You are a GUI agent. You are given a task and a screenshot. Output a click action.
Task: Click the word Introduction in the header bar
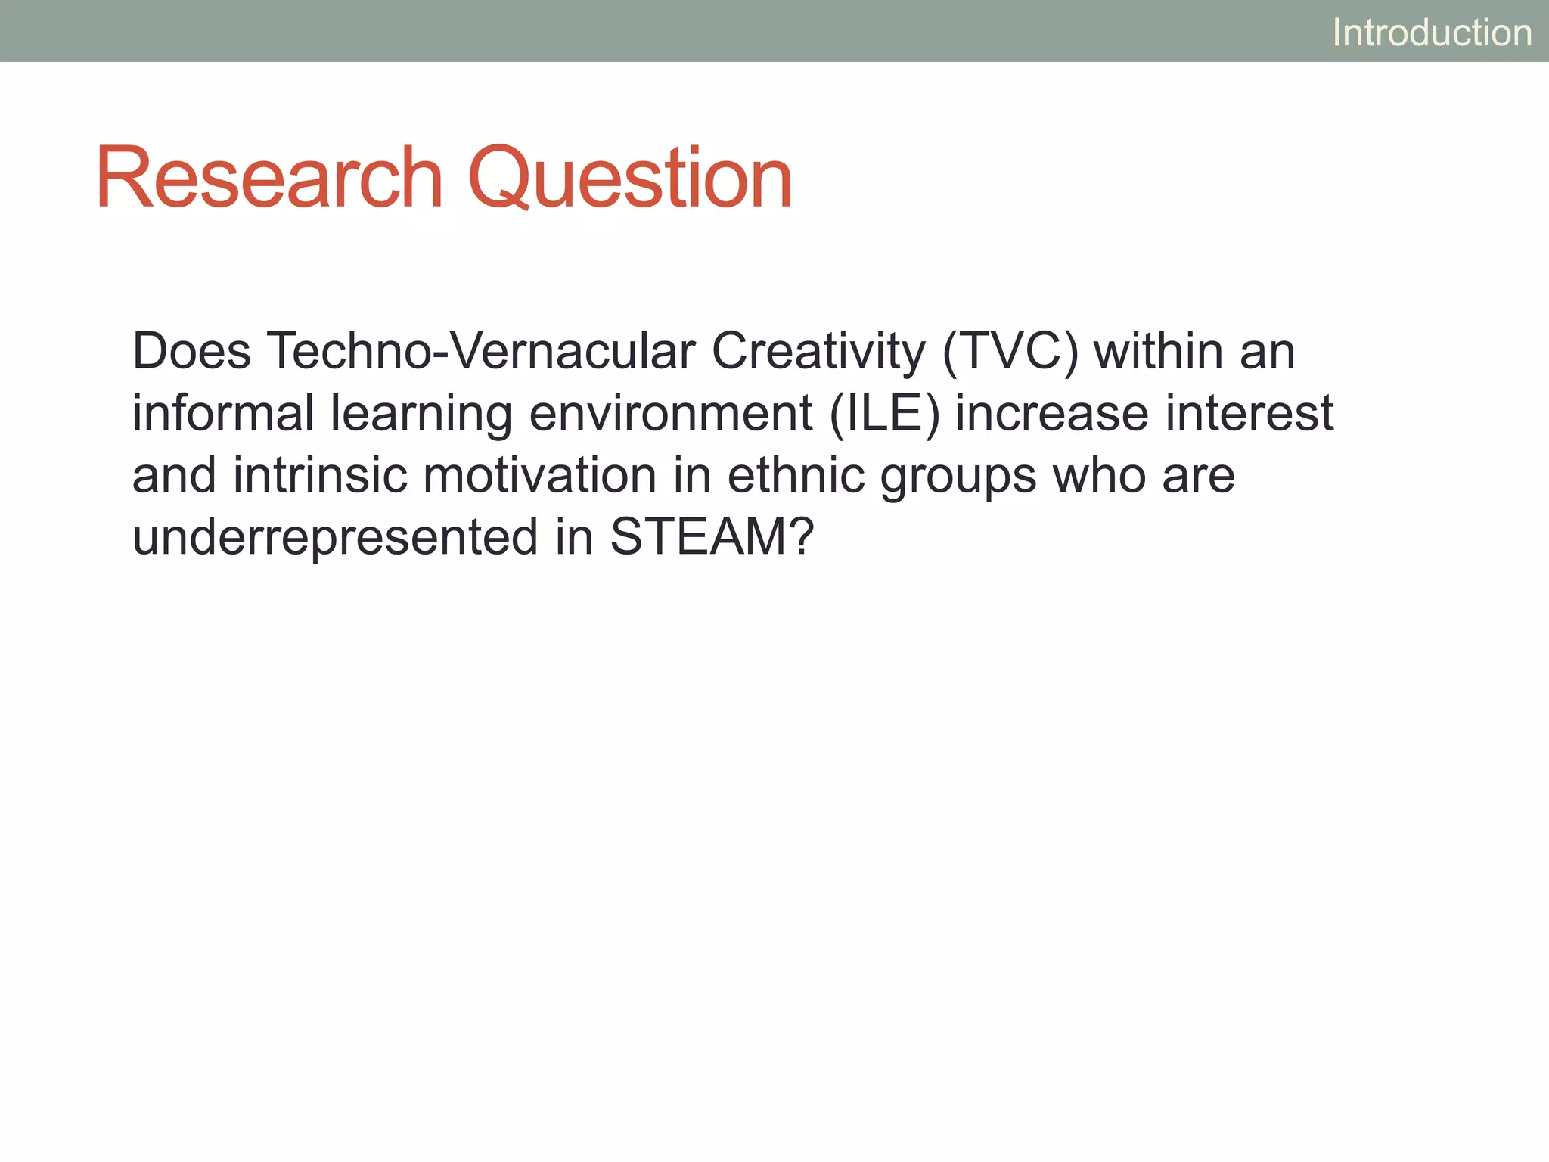(x=1432, y=33)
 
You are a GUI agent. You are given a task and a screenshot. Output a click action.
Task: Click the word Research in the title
(x=269, y=179)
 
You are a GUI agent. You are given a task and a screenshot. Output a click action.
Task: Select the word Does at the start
(x=191, y=352)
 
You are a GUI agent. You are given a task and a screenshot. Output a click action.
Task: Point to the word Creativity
(x=818, y=352)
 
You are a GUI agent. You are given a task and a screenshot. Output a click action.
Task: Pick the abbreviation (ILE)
(x=884, y=414)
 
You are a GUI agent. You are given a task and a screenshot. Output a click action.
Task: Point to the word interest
(x=1249, y=414)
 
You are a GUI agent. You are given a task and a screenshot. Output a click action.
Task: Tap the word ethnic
(x=796, y=476)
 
